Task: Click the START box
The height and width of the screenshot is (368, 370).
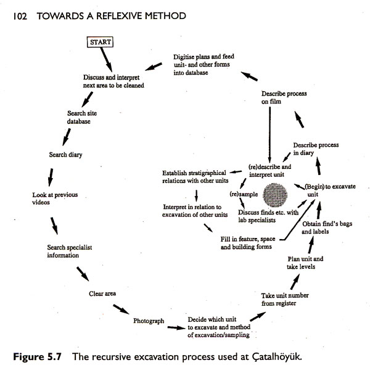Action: pyautogui.click(x=101, y=43)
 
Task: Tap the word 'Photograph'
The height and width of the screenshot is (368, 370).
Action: pyautogui.click(x=149, y=321)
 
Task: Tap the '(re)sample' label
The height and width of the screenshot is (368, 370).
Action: pyautogui.click(x=242, y=194)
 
